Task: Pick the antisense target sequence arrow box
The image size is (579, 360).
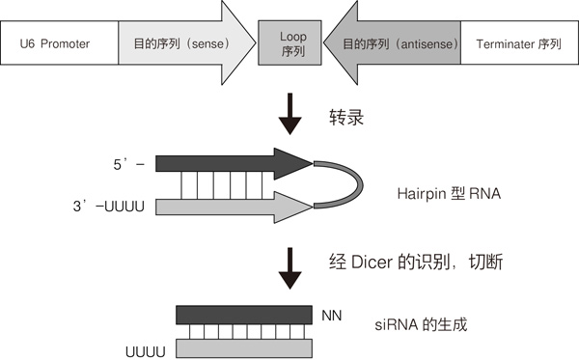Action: pyautogui.click(x=396, y=43)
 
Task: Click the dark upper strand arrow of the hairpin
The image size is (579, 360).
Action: pyautogui.click(x=232, y=164)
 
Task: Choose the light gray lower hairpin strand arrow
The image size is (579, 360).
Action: pyautogui.click(x=232, y=204)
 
